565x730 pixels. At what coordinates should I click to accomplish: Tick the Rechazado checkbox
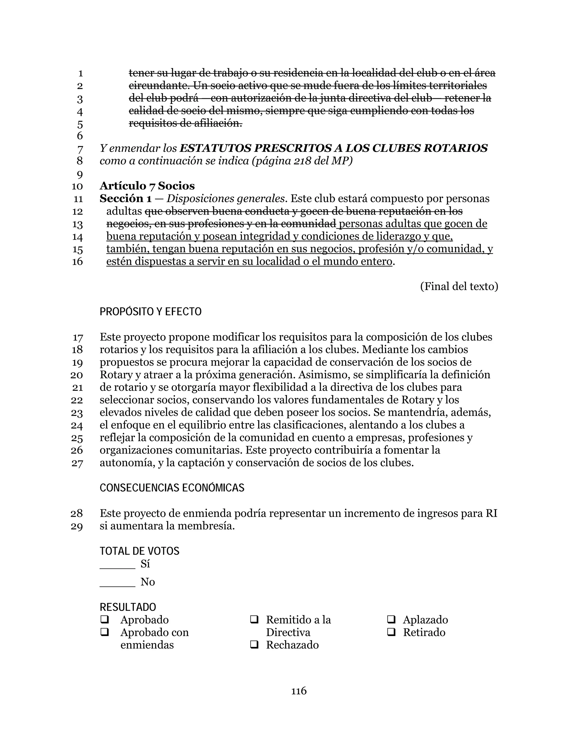point(254,645)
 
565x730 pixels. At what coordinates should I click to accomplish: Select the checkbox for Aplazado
point(391,620)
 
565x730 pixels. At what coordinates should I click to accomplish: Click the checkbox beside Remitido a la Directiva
point(254,620)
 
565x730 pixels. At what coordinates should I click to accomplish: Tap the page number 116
point(299,691)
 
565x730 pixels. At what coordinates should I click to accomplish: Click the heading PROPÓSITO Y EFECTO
point(151,312)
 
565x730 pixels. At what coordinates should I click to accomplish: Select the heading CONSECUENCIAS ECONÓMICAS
point(172,488)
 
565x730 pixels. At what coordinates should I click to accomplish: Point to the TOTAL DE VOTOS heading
point(140,551)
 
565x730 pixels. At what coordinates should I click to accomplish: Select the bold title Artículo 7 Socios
point(147,186)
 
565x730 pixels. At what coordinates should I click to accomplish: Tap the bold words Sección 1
point(126,199)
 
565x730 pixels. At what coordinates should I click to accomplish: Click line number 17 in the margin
point(78,338)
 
